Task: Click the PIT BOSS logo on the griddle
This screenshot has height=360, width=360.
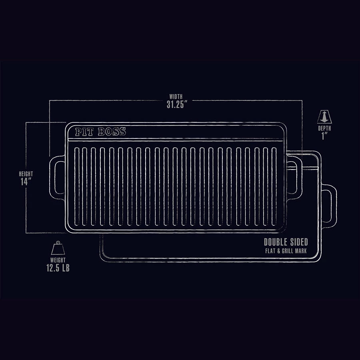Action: pos(100,132)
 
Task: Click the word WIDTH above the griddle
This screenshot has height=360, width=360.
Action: pos(176,96)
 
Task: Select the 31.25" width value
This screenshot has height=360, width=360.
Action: pos(177,105)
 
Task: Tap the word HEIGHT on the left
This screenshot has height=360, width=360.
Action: pos(26,174)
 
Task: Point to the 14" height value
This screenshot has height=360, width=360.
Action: pos(26,182)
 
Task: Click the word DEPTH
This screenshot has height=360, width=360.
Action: pos(324,128)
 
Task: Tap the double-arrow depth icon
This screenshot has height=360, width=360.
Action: pos(324,117)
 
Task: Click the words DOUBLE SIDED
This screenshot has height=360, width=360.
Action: pos(286,242)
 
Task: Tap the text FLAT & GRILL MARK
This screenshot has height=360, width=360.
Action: pos(286,251)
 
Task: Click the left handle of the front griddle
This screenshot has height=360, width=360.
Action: pos(57,178)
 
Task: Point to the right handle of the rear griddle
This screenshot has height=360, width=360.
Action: pos(330,206)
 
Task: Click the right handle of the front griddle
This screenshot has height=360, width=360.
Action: pos(295,178)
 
